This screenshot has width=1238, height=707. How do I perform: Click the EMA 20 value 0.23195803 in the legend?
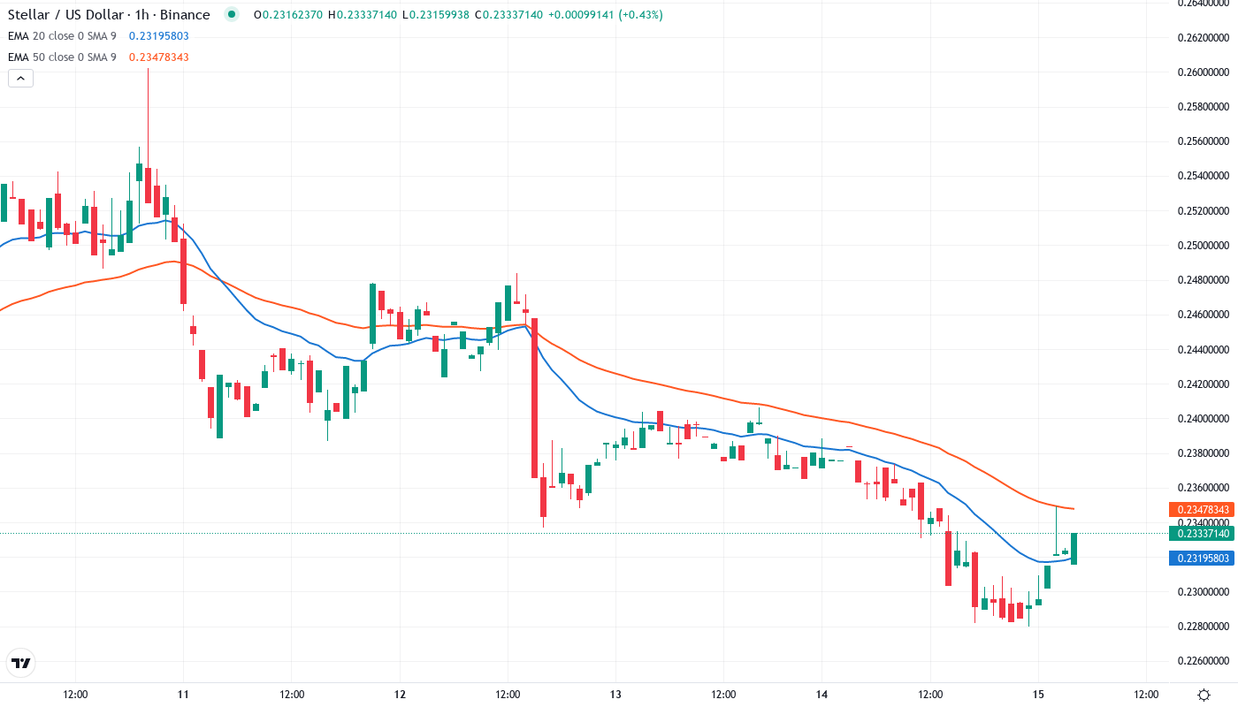tap(158, 36)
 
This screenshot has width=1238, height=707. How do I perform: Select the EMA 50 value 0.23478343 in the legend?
tap(158, 57)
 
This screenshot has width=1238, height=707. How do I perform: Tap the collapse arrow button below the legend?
tap(20, 78)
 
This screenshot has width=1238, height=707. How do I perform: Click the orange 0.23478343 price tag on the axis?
tap(1200, 510)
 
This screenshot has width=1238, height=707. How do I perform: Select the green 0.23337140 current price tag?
tap(1200, 534)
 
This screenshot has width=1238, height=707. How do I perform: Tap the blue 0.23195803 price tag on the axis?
tap(1200, 559)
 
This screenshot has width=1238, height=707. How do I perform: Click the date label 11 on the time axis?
tap(184, 695)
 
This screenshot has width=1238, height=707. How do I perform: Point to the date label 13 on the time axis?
tap(616, 695)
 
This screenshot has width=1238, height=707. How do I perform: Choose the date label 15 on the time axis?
tap(1038, 695)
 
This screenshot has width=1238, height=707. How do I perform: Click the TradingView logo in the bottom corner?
tap(20, 663)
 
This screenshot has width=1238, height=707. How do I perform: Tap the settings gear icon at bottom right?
tap(1204, 695)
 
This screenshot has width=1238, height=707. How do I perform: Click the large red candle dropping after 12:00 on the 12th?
tap(535, 398)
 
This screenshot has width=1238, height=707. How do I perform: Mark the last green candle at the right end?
tap(1074, 549)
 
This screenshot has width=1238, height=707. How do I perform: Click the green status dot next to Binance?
tap(232, 15)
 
